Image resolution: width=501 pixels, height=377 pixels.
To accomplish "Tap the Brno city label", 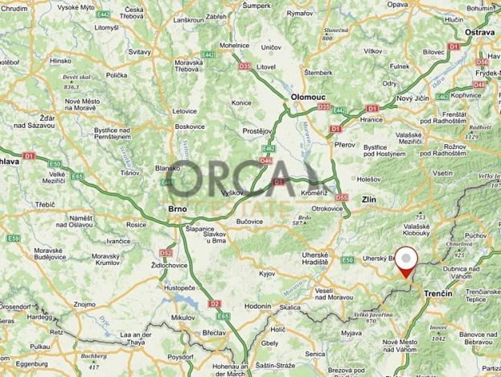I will pos(177,209).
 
